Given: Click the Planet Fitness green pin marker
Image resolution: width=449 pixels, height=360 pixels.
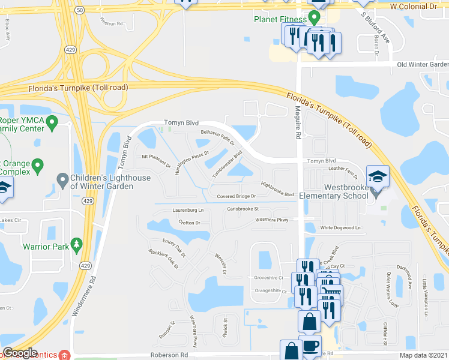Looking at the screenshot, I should point(313,17).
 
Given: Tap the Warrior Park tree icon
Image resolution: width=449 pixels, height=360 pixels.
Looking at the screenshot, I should point(76,244).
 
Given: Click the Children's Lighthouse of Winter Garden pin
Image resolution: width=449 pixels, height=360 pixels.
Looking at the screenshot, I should point(62,179).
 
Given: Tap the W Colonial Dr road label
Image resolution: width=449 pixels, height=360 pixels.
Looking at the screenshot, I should point(413,6).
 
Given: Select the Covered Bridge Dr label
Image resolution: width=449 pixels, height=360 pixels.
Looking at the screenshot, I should point(236,196).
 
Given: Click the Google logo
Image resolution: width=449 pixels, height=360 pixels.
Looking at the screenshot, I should point(20,353).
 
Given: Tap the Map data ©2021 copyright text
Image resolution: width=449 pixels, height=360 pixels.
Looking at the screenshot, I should point(424,355).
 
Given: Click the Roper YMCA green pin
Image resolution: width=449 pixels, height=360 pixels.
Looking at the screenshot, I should point(52,124).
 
